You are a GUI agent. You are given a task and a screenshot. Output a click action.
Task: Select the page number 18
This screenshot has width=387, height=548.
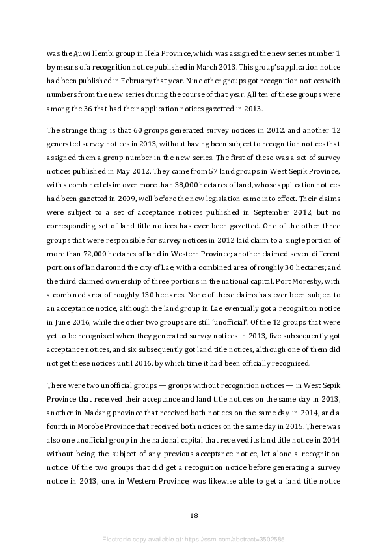(194, 515)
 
